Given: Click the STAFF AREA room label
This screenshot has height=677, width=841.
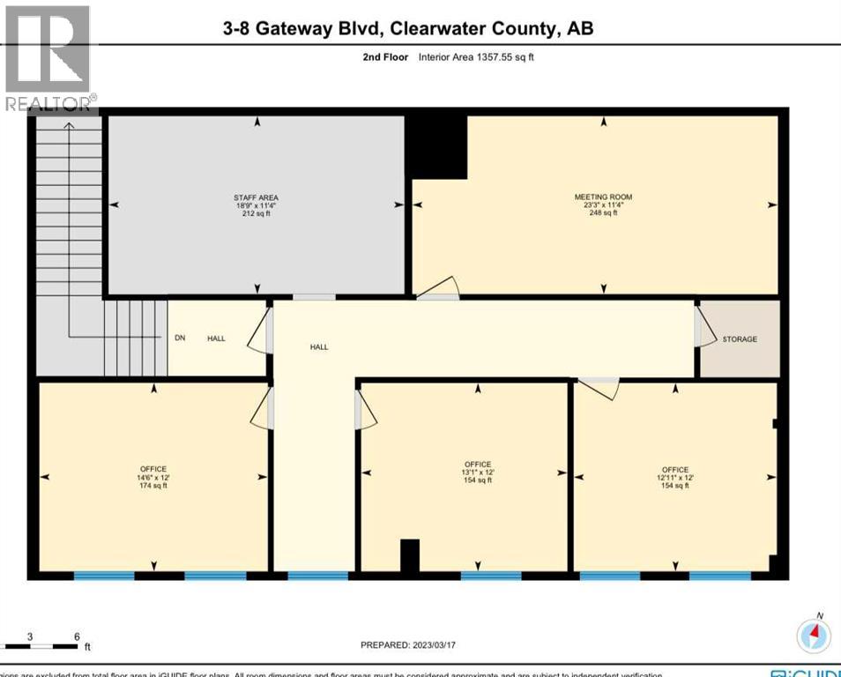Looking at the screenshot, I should (257, 197).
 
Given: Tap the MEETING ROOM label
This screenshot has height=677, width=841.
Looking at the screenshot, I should (603, 197).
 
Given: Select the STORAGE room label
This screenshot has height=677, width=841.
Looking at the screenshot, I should (740, 339).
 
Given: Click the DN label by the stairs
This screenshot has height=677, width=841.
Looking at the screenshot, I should (179, 338).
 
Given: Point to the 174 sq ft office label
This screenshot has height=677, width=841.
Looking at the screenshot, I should (153, 485).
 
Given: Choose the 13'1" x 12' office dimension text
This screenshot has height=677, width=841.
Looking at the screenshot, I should (478, 472).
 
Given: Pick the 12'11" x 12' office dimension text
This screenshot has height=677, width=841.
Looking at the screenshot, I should (675, 478).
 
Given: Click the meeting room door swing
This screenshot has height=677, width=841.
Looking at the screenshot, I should (440, 288).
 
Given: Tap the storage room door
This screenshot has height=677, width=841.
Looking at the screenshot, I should (703, 326).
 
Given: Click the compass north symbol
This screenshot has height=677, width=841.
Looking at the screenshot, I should (814, 636).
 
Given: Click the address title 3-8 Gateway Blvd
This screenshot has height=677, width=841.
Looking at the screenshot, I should (408, 28).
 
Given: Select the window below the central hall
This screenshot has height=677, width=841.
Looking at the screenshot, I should (317, 577).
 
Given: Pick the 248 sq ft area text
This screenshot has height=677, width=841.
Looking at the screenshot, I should (603, 213).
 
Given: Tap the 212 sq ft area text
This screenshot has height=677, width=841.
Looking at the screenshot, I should (257, 213).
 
